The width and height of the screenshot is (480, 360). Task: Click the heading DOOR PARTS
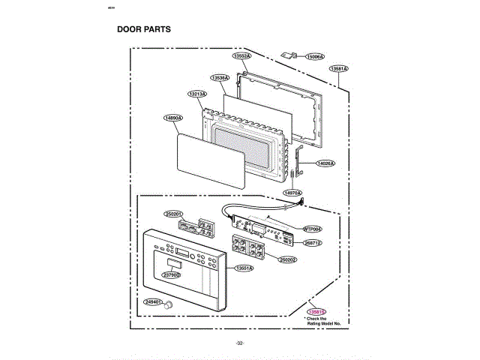[144, 30]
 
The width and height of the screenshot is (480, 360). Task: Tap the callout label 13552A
[241, 56]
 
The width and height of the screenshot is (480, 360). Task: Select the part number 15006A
[315, 56]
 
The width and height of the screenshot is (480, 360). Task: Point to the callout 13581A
[339, 69]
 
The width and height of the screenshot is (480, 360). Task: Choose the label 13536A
[220, 77]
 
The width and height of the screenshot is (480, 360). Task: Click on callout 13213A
[197, 94]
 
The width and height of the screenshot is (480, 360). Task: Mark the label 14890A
[173, 118]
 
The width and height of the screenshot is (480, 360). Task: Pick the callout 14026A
[325, 163]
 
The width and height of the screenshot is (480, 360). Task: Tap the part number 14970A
[292, 193]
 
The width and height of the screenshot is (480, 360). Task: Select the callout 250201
[174, 214]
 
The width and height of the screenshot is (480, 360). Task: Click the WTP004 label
[312, 228]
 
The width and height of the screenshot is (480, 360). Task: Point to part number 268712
[312, 243]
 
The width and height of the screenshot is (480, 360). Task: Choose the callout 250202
[288, 259]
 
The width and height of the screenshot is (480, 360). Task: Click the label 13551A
[244, 268]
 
